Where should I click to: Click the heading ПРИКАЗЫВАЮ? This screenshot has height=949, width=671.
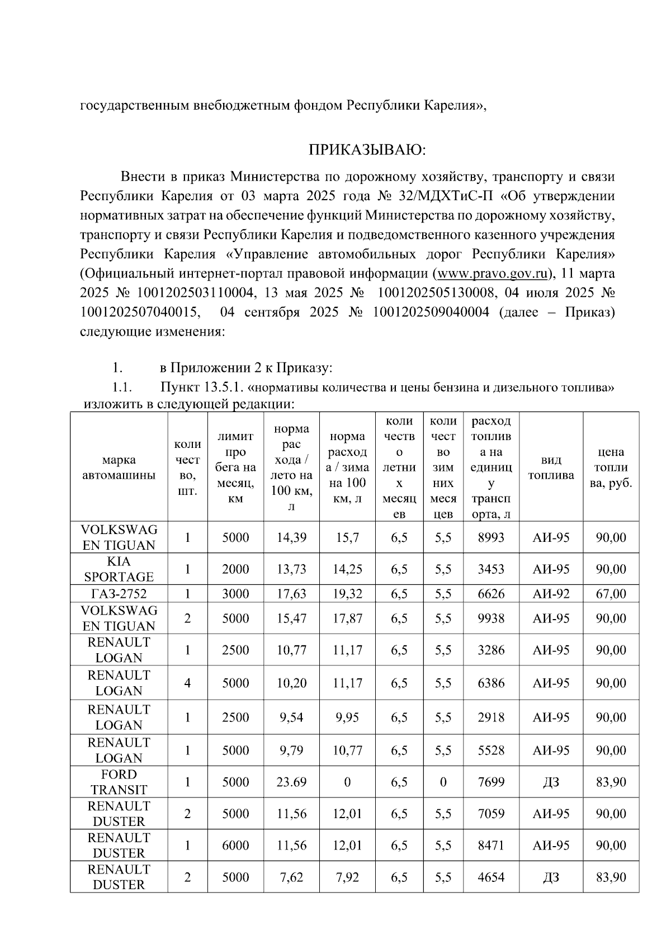pos(367,150)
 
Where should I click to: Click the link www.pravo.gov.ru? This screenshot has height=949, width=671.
pos(491,274)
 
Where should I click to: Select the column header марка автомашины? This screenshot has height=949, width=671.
pos(119,468)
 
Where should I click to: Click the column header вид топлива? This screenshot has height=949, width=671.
pos(551,468)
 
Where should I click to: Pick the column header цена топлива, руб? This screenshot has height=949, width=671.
pos(611,468)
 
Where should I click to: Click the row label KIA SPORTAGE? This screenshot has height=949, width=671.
pos(119,569)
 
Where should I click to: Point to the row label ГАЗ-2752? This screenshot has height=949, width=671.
pos(119,593)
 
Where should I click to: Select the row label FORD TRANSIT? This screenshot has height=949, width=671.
pos(119,782)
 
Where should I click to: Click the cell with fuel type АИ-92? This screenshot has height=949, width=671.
pos(551,593)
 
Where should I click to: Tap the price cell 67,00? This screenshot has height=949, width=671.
pos(611,593)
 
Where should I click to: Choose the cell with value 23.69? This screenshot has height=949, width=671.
pos(291,782)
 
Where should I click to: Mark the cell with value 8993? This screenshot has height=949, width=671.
pos(491,537)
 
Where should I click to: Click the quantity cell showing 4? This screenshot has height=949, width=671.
pos(187,683)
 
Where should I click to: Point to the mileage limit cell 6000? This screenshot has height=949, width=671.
pos(235,846)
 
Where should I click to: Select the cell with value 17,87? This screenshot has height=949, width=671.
pos(347,618)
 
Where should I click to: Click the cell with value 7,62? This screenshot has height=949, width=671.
pos(291,877)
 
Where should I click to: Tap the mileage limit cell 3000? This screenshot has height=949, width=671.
pos(235,593)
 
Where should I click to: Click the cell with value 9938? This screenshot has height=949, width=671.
pos(491,618)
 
